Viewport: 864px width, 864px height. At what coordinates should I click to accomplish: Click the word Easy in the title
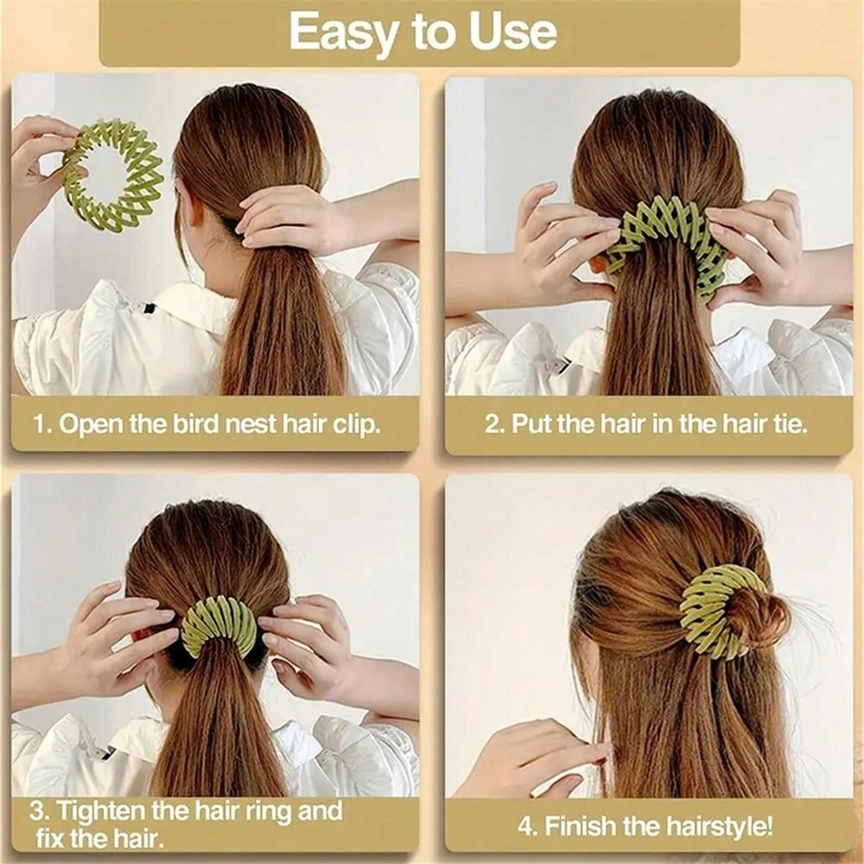[333, 32]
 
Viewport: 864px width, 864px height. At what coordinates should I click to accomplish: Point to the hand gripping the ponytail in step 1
[285, 220]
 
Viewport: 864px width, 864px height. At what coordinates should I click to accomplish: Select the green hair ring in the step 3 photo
[219, 624]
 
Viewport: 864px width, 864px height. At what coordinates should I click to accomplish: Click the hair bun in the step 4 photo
[752, 618]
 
